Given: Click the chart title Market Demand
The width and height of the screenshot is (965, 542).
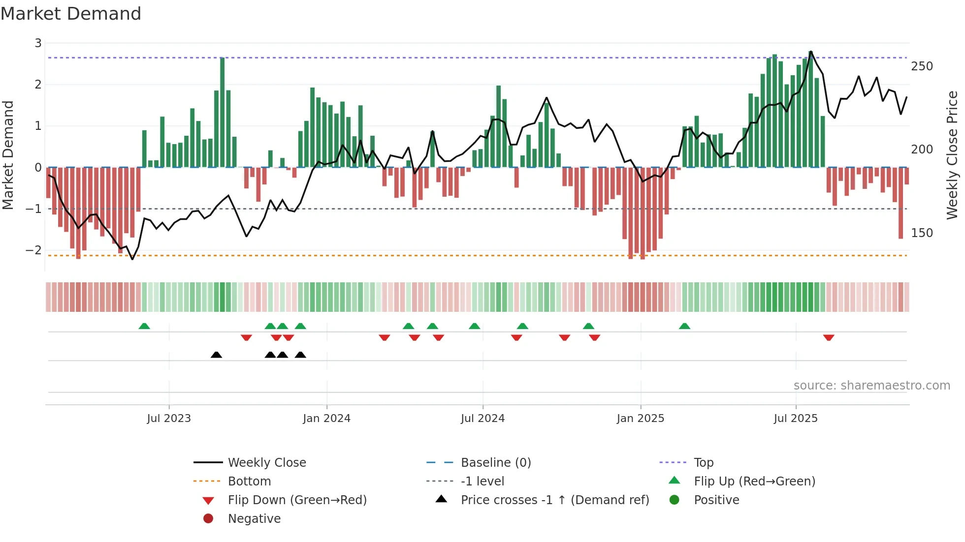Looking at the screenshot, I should pyautogui.click(x=71, y=14).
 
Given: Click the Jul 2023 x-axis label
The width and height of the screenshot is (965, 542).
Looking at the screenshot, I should pyautogui.click(x=169, y=419).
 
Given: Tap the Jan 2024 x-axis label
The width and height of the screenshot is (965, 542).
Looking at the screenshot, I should pyautogui.click(x=326, y=419).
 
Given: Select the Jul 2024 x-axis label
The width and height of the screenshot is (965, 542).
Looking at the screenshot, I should pyautogui.click(x=482, y=419).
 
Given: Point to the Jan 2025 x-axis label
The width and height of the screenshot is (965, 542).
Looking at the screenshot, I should pyautogui.click(x=640, y=419).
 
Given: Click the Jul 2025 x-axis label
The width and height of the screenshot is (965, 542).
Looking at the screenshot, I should pyautogui.click(x=796, y=419).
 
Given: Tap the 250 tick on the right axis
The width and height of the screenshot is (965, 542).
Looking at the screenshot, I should pyautogui.click(x=922, y=66).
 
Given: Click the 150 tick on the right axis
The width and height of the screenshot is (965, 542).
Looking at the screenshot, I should pyautogui.click(x=922, y=233).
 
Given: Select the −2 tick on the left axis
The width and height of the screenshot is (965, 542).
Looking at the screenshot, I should pyautogui.click(x=33, y=250).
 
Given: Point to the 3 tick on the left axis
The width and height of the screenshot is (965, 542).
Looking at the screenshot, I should pyautogui.click(x=38, y=43).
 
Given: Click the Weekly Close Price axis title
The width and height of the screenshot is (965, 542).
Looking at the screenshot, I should pyautogui.click(x=952, y=155).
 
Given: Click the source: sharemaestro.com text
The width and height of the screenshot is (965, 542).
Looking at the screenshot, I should pyautogui.click(x=871, y=386).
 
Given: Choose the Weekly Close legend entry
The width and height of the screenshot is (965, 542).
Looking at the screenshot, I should pyautogui.click(x=267, y=463).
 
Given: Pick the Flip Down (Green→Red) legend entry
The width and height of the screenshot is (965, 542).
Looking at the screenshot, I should pyautogui.click(x=297, y=500).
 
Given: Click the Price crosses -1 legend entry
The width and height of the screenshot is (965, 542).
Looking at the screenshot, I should pyautogui.click(x=555, y=500).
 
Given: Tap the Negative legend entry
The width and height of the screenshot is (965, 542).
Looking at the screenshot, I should pyautogui.click(x=254, y=519).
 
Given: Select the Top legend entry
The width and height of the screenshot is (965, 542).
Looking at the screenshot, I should pyautogui.click(x=704, y=463).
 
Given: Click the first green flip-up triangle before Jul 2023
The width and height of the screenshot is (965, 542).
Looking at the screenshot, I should pyautogui.click(x=144, y=326).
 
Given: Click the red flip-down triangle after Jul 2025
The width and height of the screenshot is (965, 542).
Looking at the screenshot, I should pyautogui.click(x=829, y=337).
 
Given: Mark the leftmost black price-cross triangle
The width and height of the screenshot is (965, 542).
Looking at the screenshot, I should pyautogui.click(x=216, y=355).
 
